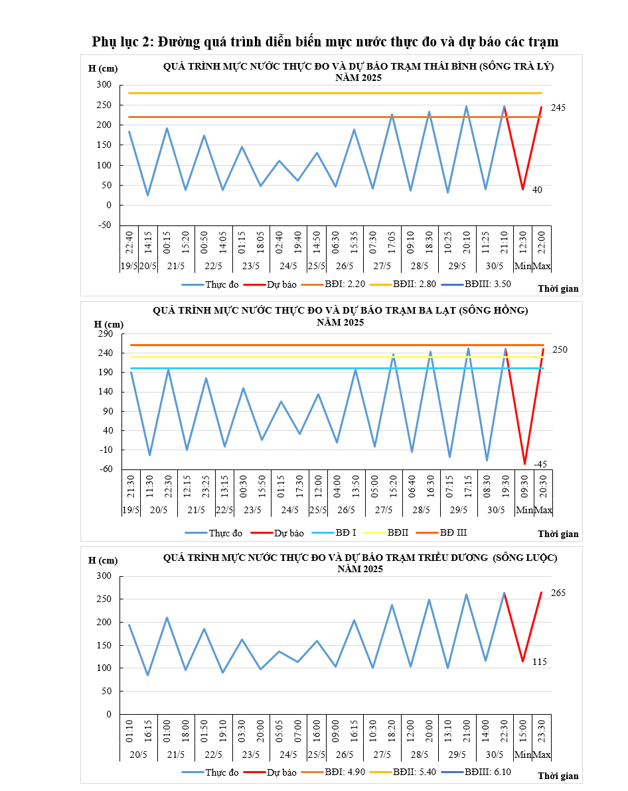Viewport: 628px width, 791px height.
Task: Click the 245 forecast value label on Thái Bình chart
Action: point(558,107)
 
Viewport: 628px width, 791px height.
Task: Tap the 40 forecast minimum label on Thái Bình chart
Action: point(538,190)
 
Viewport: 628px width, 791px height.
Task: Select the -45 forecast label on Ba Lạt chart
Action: point(540,463)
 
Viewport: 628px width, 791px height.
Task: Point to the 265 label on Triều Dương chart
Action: point(558,593)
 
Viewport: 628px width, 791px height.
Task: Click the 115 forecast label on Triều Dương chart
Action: point(540,662)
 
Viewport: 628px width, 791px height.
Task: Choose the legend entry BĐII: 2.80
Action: point(413,284)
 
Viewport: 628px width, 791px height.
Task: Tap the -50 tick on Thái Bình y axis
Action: point(104,225)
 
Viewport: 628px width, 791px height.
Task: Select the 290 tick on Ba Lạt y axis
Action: point(106,334)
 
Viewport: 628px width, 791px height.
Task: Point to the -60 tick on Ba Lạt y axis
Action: point(106,469)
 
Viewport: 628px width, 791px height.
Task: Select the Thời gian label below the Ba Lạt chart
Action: point(558,534)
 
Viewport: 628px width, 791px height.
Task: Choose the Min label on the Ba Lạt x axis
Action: point(524,510)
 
